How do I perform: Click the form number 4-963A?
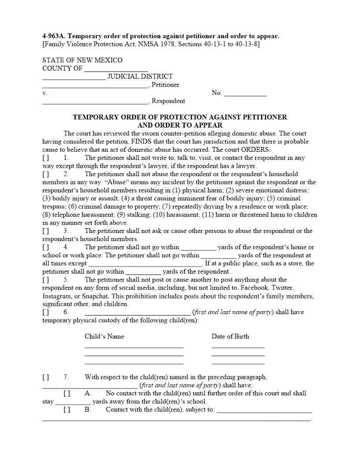[x=53, y=36]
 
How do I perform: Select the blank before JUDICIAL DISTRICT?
[x=74, y=78]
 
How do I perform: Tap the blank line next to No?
[x=245, y=94]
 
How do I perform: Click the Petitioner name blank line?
[x=95, y=86]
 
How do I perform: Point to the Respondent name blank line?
[x=95, y=102]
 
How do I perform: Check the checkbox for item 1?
[x=45, y=158]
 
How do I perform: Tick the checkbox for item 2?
[x=45, y=174]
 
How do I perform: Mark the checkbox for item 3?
[x=45, y=231]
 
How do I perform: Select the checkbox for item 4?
[x=45, y=247]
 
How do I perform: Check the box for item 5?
[x=45, y=280]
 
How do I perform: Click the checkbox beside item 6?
[x=45, y=312]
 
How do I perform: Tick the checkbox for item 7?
[x=45, y=377]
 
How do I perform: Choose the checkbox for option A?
[x=67, y=393]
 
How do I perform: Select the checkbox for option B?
[x=67, y=410]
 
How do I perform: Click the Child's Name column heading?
[x=104, y=336]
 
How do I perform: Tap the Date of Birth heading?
[x=230, y=336]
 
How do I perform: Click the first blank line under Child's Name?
[x=134, y=347]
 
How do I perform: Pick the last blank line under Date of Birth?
[x=238, y=363]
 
